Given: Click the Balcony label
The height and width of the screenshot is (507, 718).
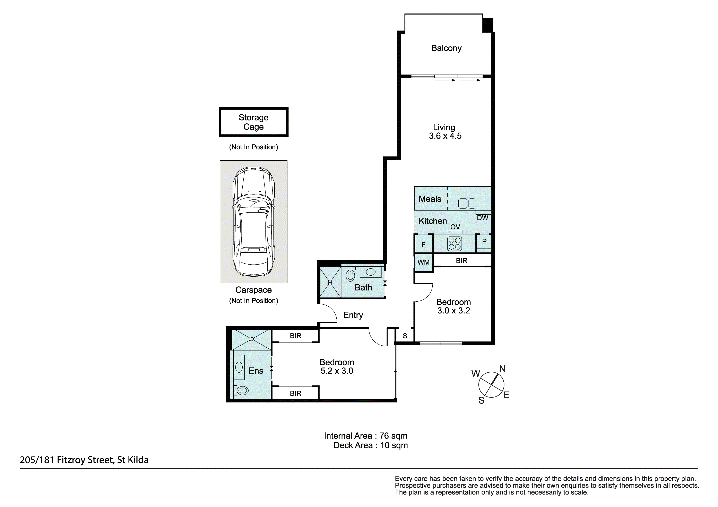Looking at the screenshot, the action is tap(446, 48).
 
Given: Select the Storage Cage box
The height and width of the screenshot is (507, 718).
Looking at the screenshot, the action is tap(253, 122).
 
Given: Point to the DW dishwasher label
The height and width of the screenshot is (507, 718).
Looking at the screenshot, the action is tap(483, 218).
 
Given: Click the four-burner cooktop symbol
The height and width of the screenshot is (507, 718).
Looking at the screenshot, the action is tap(454, 244).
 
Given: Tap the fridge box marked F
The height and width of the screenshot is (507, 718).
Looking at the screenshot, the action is tap(423, 243).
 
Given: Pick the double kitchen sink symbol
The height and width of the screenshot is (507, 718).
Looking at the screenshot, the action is tap(467, 204).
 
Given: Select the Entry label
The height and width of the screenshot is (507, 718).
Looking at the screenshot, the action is tap(353, 315).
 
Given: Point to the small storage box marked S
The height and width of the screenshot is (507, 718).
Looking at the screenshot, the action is tap(405, 335).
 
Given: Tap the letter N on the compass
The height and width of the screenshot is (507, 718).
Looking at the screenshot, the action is tap(502, 369).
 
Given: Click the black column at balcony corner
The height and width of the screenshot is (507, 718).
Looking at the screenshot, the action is tap(487, 25).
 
